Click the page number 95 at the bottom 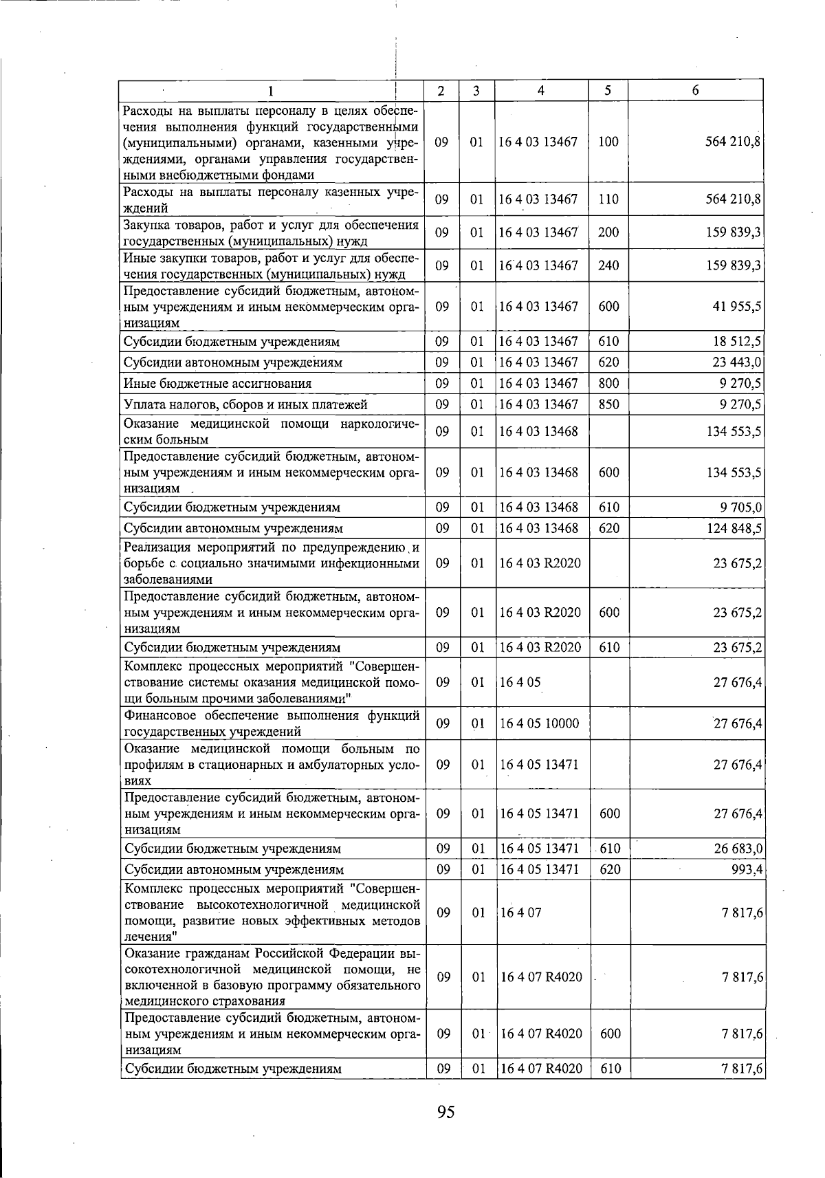click(x=445, y=1112)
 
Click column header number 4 click(x=541, y=91)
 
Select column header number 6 click(x=696, y=91)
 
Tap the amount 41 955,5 click(x=737, y=307)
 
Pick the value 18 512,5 click(x=737, y=342)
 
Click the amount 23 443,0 click(x=737, y=362)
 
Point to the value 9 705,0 click(x=740, y=508)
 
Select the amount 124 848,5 click(x=734, y=528)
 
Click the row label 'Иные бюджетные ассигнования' click(x=217, y=384)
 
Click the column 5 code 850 click(x=608, y=404)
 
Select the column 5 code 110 click(x=608, y=199)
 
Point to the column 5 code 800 click(x=608, y=384)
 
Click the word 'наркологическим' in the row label click(x=377, y=424)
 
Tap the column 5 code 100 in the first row click(x=608, y=142)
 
